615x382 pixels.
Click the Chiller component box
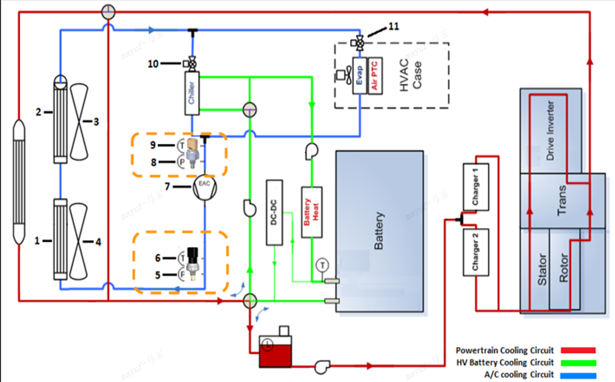192,93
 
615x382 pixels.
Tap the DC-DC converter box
274,212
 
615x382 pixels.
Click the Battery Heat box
311,212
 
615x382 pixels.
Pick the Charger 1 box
475,187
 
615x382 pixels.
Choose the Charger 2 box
475,252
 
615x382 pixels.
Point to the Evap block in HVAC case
359,75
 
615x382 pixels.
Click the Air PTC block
374,75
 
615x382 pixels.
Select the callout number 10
153,64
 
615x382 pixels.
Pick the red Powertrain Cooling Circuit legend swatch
578,350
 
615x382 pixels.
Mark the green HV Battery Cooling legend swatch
578,363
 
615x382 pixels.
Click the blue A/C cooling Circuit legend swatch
578,375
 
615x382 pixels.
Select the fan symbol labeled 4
79,241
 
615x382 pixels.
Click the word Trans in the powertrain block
563,200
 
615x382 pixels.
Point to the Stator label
542,269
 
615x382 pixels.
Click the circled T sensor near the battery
322,265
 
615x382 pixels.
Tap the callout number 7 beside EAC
167,187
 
